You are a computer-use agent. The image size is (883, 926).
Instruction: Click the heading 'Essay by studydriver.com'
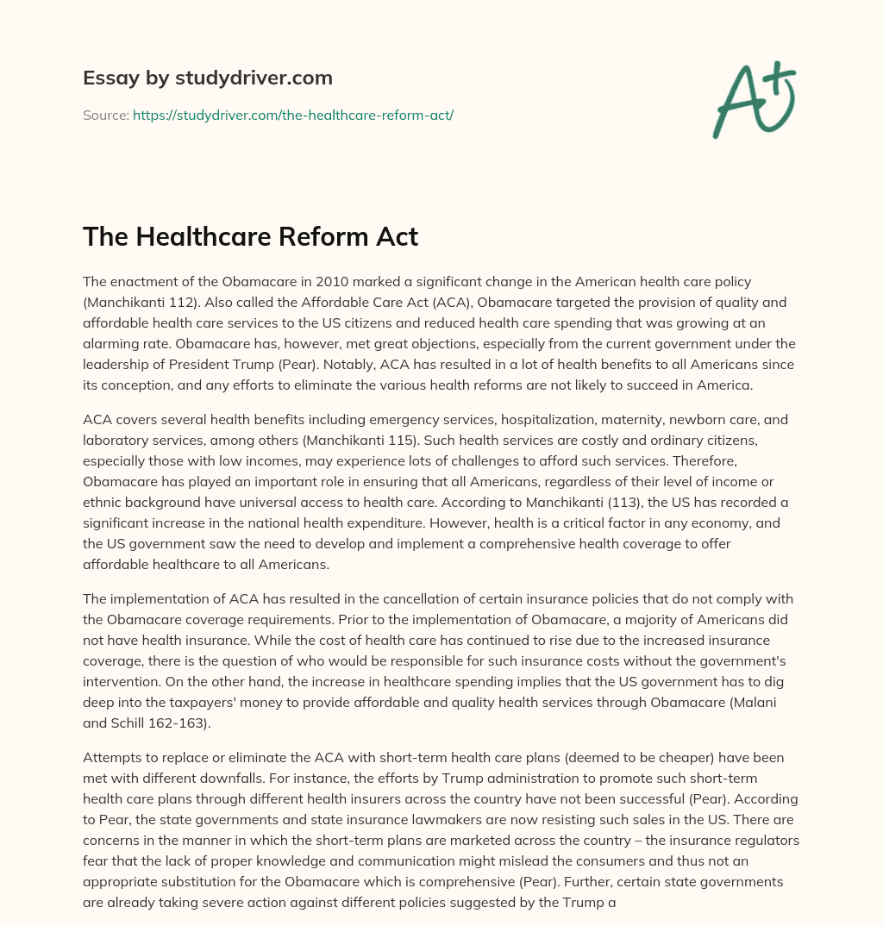coord(207,78)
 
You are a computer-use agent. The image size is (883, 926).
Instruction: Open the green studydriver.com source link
coord(293,115)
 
